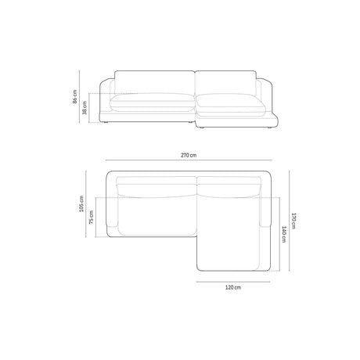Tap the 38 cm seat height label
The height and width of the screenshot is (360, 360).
[85, 110]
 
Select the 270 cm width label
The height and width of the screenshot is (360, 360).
[188, 156]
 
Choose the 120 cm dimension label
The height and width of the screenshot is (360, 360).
[232, 288]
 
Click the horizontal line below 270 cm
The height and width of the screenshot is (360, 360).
[188, 164]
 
